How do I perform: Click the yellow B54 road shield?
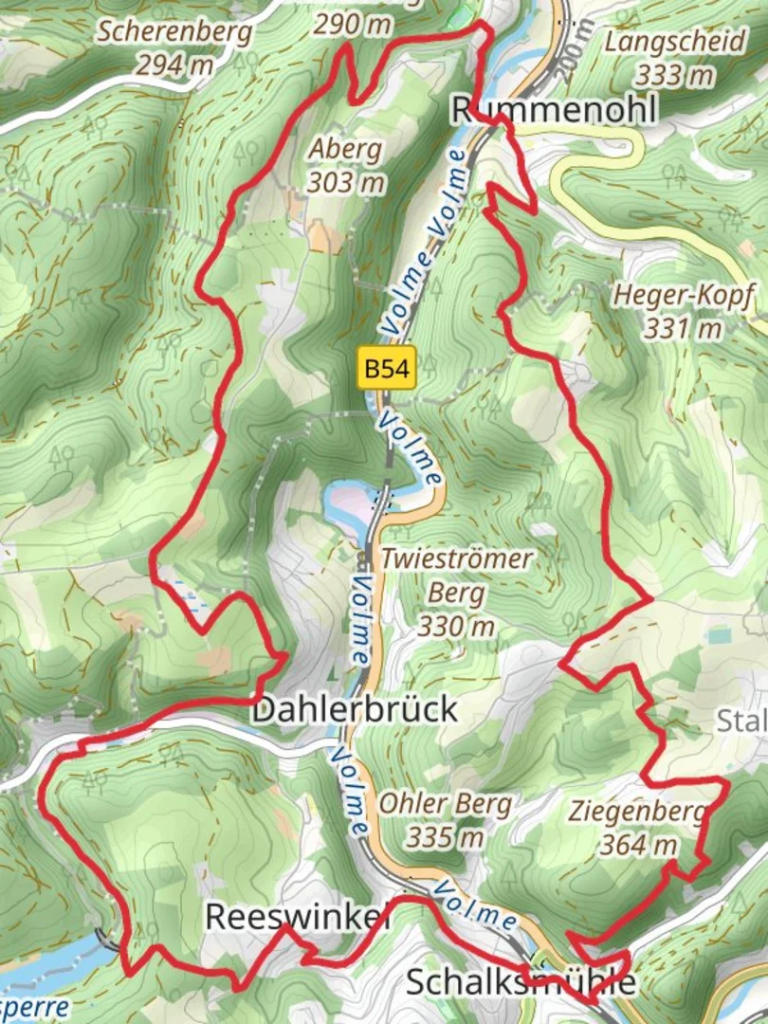tap(389, 368)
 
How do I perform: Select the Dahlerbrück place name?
tap(355, 708)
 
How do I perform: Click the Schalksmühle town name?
tap(521, 981)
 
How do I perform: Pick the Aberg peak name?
tap(345, 149)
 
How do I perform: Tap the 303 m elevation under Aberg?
tap(345, 182)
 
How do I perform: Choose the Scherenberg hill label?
tap(176, 34)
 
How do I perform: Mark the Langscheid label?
tap(662, 41)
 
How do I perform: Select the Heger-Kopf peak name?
tap(684, 296)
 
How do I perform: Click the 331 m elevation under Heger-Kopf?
tap(683, 328)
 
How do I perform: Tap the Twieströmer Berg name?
tap(456, 576)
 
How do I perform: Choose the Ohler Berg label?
tap(446, 805)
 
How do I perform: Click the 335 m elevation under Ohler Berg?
tap(446, 837)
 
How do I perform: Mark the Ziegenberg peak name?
tap(638, 811)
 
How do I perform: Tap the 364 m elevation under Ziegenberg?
tap(638, 843)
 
